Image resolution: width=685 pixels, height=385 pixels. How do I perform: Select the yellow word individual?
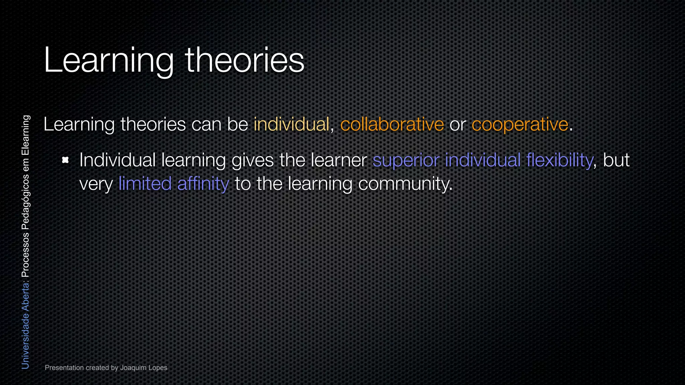[x=292, y=124]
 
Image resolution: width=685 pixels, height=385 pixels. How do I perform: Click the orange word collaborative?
[x=392, y=124]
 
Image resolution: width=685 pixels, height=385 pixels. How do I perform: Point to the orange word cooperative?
[x=520, y=124]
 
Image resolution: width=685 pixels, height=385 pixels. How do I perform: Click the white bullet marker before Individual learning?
[x=66, y=160]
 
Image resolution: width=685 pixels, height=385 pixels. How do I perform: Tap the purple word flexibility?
[x=559, y=160]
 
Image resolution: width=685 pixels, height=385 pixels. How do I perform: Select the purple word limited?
[x=145, y=184]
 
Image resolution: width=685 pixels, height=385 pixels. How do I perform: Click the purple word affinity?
[x=203, y=184]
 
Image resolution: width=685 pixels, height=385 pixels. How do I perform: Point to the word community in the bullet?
[x=405, y=184]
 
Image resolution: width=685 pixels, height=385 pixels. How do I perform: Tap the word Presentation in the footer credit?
[x=64, y=368]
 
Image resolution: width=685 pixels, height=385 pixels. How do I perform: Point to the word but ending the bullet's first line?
[x=616, y=160]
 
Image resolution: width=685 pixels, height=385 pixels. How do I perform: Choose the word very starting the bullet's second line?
[x=96, y=184]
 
